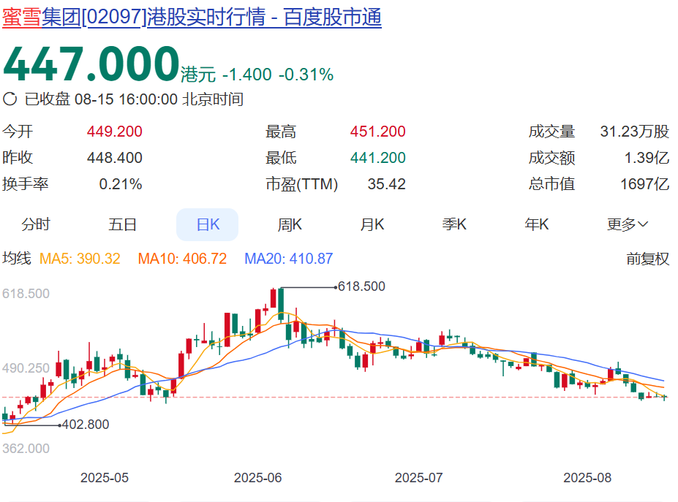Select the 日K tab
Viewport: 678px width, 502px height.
pos(208,224)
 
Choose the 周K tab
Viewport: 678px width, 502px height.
pos(290,224)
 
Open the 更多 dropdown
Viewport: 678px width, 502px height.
pos(628,224)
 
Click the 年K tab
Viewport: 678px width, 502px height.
pos(537,224)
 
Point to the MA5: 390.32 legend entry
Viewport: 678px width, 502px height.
pos(80,259)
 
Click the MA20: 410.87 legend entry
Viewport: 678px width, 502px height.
pos(288,259)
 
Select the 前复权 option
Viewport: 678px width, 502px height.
pos(647,259)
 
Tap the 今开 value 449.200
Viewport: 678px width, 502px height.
pos(114,132)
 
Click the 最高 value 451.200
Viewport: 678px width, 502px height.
pos(377,132)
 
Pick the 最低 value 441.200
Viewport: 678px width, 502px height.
pos(377,158)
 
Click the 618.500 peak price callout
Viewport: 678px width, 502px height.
pos(361,286)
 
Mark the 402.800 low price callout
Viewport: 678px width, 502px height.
pos(85,425)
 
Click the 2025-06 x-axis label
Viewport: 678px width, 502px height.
pos(258,478)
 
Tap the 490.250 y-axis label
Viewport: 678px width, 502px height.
pos(26,368)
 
